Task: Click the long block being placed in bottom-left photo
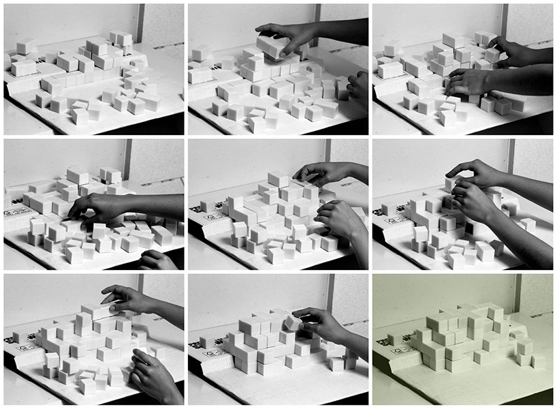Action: click(95, 312)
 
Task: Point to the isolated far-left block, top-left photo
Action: click(27, 46)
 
